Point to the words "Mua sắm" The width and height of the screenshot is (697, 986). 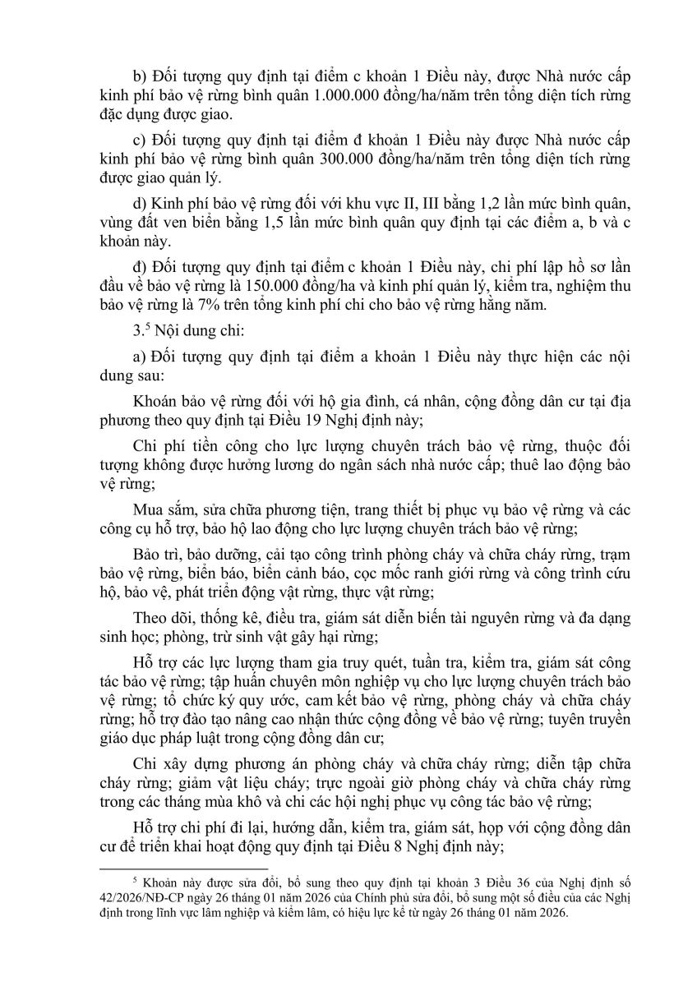point(160,508)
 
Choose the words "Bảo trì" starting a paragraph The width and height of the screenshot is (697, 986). point(156,551)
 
